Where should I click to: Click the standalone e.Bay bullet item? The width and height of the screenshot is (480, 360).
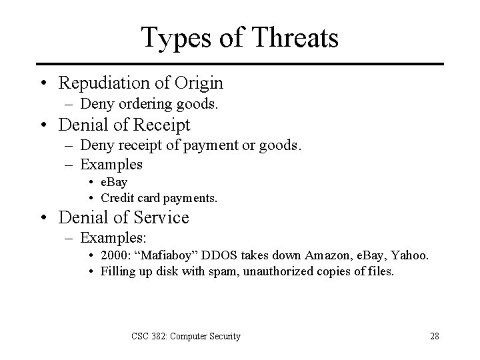click(114, 181)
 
